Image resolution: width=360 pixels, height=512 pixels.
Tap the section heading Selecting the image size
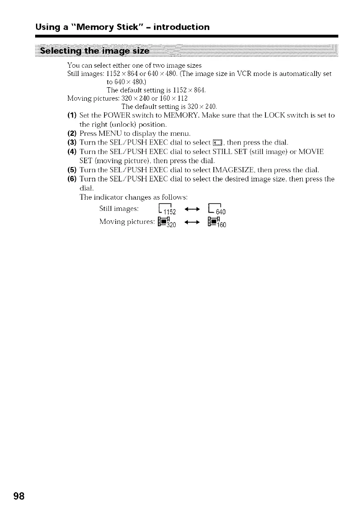(x=95, y=53)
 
